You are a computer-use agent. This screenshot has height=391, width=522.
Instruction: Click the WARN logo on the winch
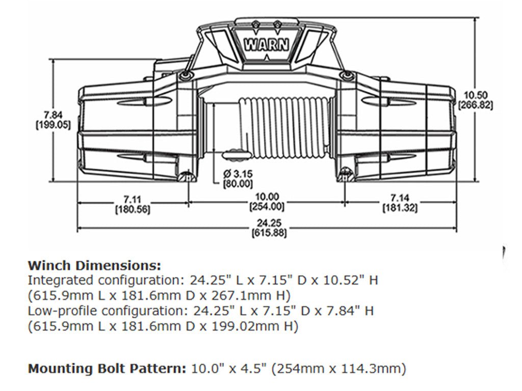click(267, 43)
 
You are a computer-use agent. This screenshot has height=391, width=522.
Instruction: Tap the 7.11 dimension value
click(128, 197)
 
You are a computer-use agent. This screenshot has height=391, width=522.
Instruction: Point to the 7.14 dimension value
click(400, 197)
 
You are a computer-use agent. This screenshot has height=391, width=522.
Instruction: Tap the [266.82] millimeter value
click(475, 105)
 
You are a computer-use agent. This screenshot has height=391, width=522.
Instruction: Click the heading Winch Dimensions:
click(94, 266)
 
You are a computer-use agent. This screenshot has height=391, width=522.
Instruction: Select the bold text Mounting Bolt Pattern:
click(108, 368)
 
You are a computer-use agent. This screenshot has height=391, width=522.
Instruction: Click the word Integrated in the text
click(54, 280)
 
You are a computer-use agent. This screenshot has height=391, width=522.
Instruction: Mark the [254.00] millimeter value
click(267, 207)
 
